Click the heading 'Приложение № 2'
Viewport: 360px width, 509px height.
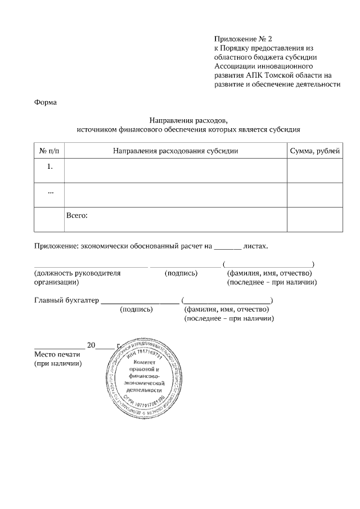coord(243,39)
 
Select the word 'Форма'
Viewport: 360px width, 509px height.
coord(46,102)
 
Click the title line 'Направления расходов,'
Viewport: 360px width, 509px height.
coord(188,120)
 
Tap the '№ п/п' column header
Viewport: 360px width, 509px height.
coord(49,151)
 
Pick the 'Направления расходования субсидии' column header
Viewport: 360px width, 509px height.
coord(175,151)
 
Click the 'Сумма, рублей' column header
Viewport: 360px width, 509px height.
coord(314,151)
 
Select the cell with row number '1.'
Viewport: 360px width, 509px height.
coord(49,166)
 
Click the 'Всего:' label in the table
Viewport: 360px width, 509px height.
coord(77,215)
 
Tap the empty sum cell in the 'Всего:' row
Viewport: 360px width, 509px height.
coord(314,219)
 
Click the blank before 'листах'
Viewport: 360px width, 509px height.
coord(228,246)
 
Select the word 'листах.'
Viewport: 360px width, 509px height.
coord(256,246)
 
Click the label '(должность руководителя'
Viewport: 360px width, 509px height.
coord(78,273)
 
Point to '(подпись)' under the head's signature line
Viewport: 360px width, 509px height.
coord(181,273)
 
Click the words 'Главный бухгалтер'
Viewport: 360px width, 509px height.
coord(66,300)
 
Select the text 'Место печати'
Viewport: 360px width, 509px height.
coord(58,354)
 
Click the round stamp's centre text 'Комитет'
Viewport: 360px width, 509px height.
coord(143,364)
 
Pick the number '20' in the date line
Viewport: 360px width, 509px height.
coord(92,345)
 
